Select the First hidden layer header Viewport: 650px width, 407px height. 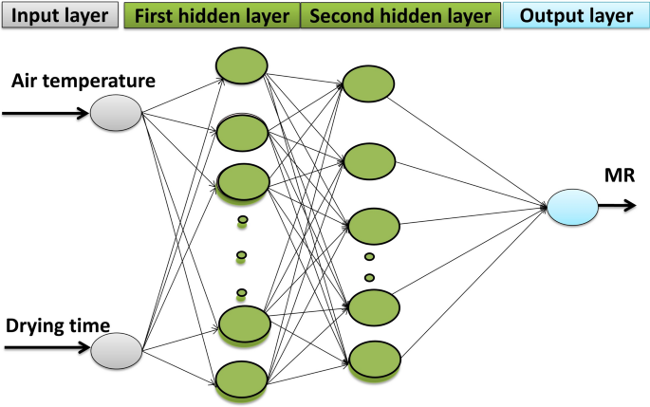pyautogui.click(x=212, y=17)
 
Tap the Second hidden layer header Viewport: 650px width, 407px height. pyautogui.click(x=399, y=17)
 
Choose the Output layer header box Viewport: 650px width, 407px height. pyautogui.click(x=576, y=17)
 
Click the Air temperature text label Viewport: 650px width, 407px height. pyautogui.click(x=84, y=82)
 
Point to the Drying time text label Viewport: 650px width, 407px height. pyautogui.click(x=65, y=326)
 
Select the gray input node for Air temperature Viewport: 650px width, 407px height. pyautogui.click(x=115, y=115)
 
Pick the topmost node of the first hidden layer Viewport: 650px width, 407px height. pyautogui.click(x=241, y=65)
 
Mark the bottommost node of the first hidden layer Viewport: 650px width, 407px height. pyautogui.click(x=241, y=379)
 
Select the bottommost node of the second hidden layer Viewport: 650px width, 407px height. pyautogui.click(x=372, y=361)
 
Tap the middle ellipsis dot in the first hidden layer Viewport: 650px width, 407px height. pyautogui.click(x=241, y=255)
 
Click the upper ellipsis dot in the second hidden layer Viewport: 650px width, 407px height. pyautogui.click(x=369, y=256)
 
